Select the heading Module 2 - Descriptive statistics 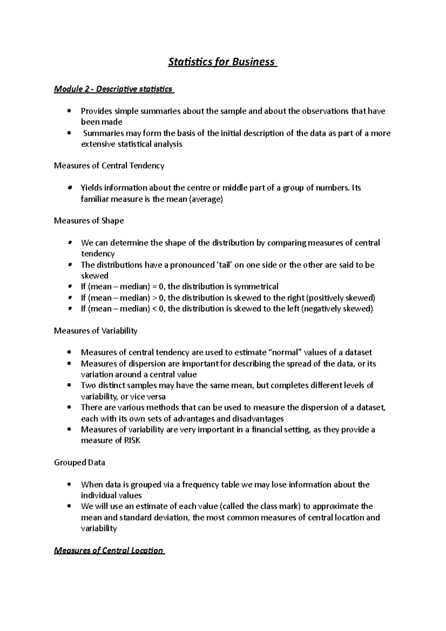(x=113, y=89)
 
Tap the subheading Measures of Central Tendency (x=109, y=166)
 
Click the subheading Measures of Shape (x=89, y=221)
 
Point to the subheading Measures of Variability (x=96, y=331)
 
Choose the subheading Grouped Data (x=80, y=463)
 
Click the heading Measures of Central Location (x=109, y=551)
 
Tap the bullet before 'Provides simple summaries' (x=69, y=111)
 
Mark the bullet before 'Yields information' (x=69, y=188)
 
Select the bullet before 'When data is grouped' (x=69, y=485)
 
